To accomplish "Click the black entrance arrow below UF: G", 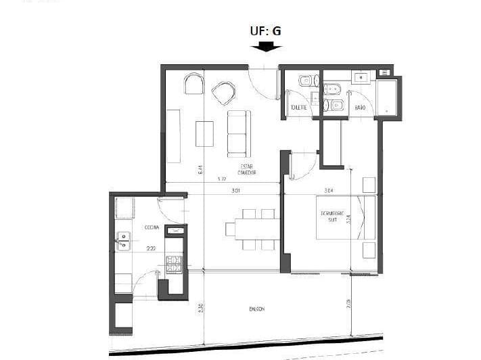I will tap(265, 47).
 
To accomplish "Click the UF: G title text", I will tap(265, 30).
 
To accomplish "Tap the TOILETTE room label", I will tap(298, 108).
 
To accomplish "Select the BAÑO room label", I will tap(360, 108).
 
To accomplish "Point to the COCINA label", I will tap(152, 228).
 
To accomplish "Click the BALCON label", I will tap(256, 309).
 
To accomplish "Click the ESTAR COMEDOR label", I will tap(247, 169).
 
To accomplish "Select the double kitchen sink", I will tap(123, 241).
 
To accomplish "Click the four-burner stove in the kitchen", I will tap(175, 265).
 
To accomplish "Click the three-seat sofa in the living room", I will tap(238, 133).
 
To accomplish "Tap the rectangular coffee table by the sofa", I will tap(204, 133).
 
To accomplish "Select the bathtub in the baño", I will tap(388, 97).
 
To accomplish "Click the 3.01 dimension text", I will tap(235, 191).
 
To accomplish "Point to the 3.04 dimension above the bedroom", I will tap(329, 191).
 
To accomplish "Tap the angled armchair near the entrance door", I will tap(223, 93).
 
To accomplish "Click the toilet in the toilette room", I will tap(305, 81).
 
